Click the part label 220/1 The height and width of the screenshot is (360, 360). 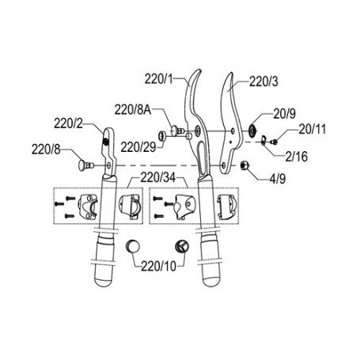[158, 79]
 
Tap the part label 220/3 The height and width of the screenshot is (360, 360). [263, 81]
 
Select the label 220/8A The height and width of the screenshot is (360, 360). [133, 110]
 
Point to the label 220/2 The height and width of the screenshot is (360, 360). [68, 123]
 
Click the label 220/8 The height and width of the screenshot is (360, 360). [46, 150]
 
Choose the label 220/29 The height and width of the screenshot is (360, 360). [138, 147]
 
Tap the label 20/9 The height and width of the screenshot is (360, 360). [284, 114]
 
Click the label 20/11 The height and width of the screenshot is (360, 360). [313, 129]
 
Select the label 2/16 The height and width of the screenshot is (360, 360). [297, 157]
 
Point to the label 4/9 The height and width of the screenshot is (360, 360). [278, 179]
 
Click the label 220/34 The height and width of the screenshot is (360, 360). [158, 178]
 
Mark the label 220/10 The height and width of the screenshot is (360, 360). [158, 267]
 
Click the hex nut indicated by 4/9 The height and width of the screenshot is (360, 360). [243, 165]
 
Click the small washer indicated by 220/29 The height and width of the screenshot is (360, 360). [161, 136]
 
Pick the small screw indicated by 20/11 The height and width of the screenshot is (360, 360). [274, 142]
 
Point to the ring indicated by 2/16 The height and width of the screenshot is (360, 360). [263, 140]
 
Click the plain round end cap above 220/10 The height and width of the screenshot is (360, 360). [132, 247]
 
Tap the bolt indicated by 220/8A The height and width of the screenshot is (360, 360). [177, 131]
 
